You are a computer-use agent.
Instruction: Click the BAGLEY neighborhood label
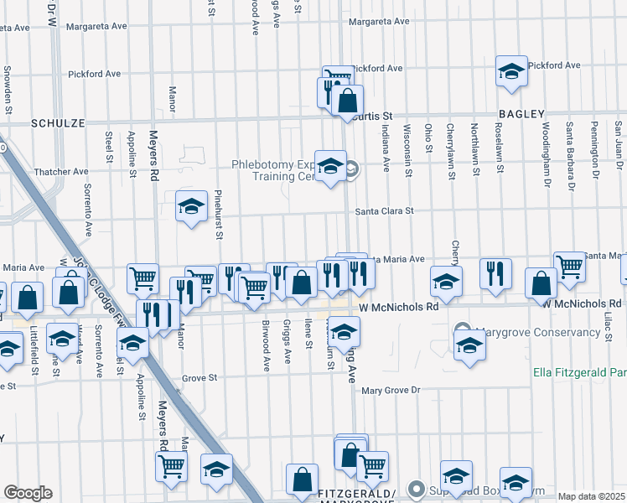click(x=521, y=114)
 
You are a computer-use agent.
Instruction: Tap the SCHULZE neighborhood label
click(x=58, y=122)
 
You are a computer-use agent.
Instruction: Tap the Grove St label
click(x=199, y=378)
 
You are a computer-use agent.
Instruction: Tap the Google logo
click(x=28, y=492)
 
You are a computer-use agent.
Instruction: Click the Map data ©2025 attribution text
click(x=591, y=496)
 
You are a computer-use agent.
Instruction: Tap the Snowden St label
click(x=8, y=89)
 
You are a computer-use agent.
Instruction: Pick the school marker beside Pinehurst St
click(x=191, y=206)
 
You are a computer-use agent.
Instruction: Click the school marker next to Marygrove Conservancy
click(x=470, y=345)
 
